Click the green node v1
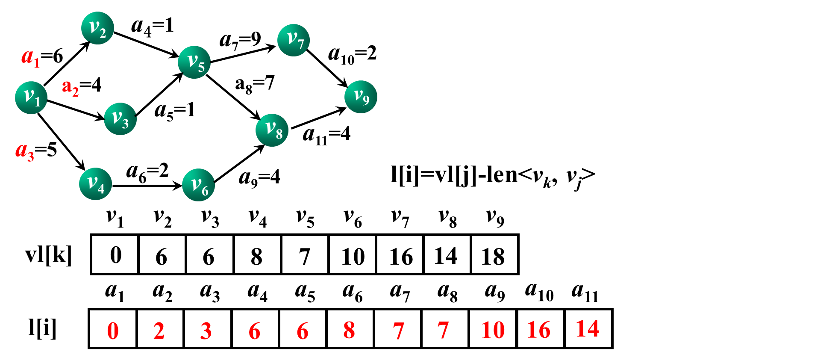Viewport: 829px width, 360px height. [x=31, y=97]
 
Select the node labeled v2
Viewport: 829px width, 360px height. [x=97, y=28]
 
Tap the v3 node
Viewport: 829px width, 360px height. [x=120, y=119]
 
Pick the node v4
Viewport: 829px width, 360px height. [x=95, y=184]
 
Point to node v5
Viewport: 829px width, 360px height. [x=194, y=62]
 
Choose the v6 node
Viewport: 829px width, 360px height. [x=198, y=185]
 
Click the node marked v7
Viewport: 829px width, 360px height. [x=294, y=40]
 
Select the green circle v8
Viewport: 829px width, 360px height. [x=272, y=130]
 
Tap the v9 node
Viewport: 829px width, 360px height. [x=361, y=97]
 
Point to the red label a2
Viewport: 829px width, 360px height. [x=71, y=88]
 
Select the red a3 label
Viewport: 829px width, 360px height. [x=25, y=151]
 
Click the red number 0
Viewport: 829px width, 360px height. [x=113, y=331]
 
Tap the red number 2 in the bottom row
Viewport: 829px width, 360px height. [x=159, y=331]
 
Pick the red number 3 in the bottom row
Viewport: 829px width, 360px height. [x=206, y=331]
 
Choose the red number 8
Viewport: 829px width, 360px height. [x=349, y=330]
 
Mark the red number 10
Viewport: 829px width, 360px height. [x=493, y=330]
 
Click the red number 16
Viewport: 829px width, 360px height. [x=538, y=330]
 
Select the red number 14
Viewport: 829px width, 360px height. [x=588, y=329]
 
